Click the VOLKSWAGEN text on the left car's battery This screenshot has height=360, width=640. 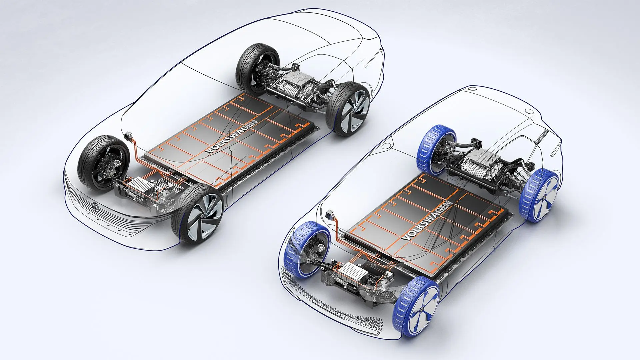point(232,136)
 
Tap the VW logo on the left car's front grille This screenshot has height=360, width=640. point(95,207)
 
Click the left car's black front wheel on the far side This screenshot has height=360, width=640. point(103,163)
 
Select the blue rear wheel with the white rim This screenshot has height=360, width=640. point(540,196)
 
